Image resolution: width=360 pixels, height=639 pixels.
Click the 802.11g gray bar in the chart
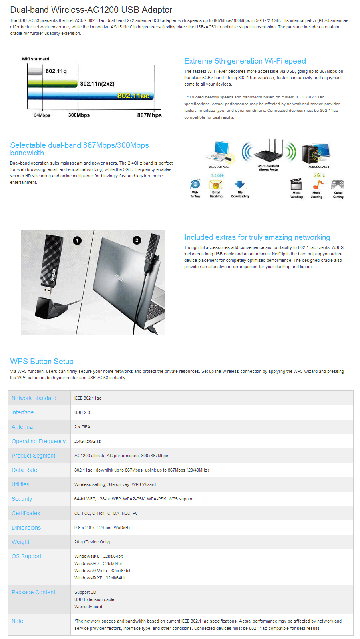pos(35,71)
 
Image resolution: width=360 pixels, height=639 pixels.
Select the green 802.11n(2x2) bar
pos(52,83)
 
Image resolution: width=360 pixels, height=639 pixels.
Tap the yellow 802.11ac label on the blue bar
pos(133,96)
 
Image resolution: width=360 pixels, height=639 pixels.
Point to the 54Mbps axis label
pos(42,115)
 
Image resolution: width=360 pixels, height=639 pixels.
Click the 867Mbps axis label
pos(149,115)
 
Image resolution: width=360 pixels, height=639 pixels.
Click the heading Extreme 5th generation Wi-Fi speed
pos(245,61)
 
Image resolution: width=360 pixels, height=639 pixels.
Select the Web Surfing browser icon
pos(195,184)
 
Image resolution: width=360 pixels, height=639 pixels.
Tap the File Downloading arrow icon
pos(239,184)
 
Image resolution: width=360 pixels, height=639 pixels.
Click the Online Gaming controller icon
pos(338,185)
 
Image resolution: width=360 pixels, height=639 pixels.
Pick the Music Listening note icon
pos(317,185)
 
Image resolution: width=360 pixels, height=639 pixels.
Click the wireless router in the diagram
pos(269,152)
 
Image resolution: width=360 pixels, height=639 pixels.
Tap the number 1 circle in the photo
pos(77,240)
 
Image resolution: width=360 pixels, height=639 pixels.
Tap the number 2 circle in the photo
pos(137,240)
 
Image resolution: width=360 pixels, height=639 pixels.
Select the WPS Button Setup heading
pos(42,362)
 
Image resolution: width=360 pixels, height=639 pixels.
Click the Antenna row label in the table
pos(22,427)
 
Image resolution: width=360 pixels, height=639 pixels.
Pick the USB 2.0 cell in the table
pos(82,412)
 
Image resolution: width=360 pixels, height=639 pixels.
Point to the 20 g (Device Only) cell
pos(92,542)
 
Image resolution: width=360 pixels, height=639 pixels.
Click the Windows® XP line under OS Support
pos(100,578)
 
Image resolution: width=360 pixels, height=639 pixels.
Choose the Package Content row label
pos(34,592)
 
